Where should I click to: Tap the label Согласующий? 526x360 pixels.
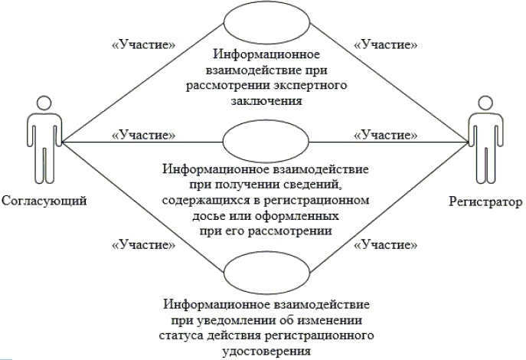[43, 201]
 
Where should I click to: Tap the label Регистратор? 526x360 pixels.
[482, 201]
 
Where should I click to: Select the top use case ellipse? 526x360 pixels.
[264, 27]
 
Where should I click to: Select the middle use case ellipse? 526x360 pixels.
[264, 142]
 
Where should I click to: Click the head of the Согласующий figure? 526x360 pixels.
[43, 106]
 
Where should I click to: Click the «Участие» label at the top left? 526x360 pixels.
[143, 44]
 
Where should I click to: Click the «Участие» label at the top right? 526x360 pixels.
[385, 44]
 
